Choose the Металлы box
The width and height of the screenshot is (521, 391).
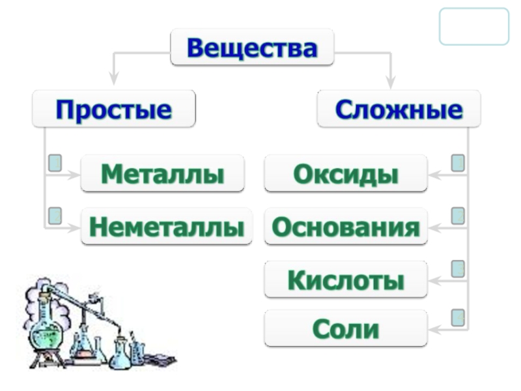(x=162, y=173)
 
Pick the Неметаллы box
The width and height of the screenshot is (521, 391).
(x=166, y=227)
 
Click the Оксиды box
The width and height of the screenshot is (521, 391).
(x=346, y=173)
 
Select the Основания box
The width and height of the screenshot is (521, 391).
(x=346, y=227)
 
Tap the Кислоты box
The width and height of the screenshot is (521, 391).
(x=346, y=280)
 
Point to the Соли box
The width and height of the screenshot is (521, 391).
(x=346, y=328)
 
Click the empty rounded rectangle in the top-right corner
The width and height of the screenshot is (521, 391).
(x=473, y=27)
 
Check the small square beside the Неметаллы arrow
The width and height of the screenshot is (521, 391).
(x=55, y=214)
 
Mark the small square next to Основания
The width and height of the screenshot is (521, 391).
(x=458, y=214)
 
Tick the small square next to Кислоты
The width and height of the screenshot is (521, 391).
(x=458, y=268)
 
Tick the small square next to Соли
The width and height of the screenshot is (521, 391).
(x=458, y=317)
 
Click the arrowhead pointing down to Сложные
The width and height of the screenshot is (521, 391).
(x=390, y=82)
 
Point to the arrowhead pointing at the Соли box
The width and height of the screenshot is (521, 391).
(x=434, y=329)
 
